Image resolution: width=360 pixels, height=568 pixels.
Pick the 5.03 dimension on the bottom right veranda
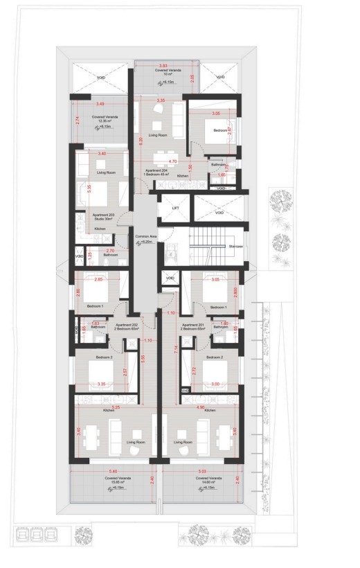coord(201,470)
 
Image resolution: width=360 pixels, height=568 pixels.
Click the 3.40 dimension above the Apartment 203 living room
coord(102,152)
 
